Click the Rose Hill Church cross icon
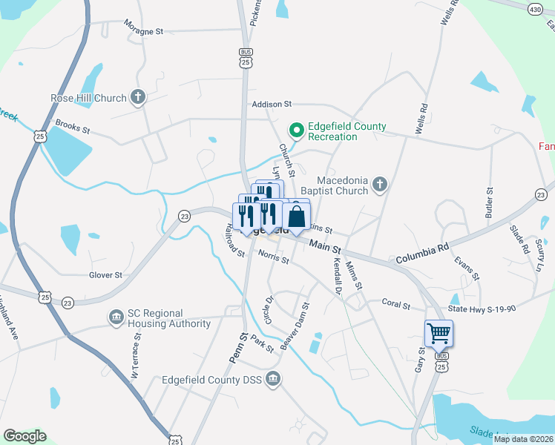pos(138,97)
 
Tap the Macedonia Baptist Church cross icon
pos(380,184)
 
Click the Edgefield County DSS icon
pos(274,380)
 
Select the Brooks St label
pos(72,128)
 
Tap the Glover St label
pos(105,274)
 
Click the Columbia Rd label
pos(422,256)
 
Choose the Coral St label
pos(395,303)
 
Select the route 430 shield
pos(535,9)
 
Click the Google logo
pos(24,435)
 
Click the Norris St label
pos(274,257)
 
